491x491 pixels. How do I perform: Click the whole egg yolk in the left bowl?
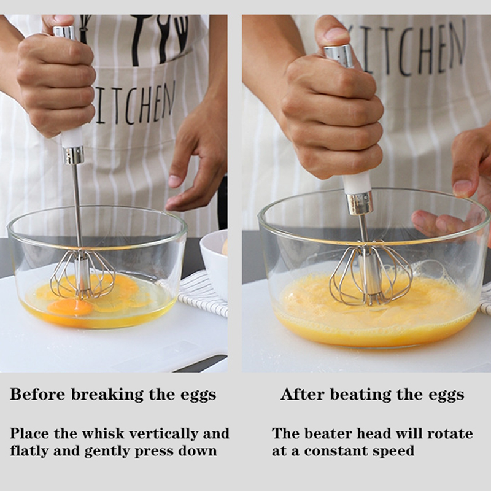click(70, 306)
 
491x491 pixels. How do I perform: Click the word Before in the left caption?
click(38, 394)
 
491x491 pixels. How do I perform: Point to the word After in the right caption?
click(303, 394)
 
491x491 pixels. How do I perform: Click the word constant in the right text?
click(336, 451)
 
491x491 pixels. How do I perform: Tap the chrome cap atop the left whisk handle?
click(64, 33)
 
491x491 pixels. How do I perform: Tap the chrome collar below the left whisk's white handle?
click(73, 155)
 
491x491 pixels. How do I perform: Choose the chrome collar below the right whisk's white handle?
click(360, 204)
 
